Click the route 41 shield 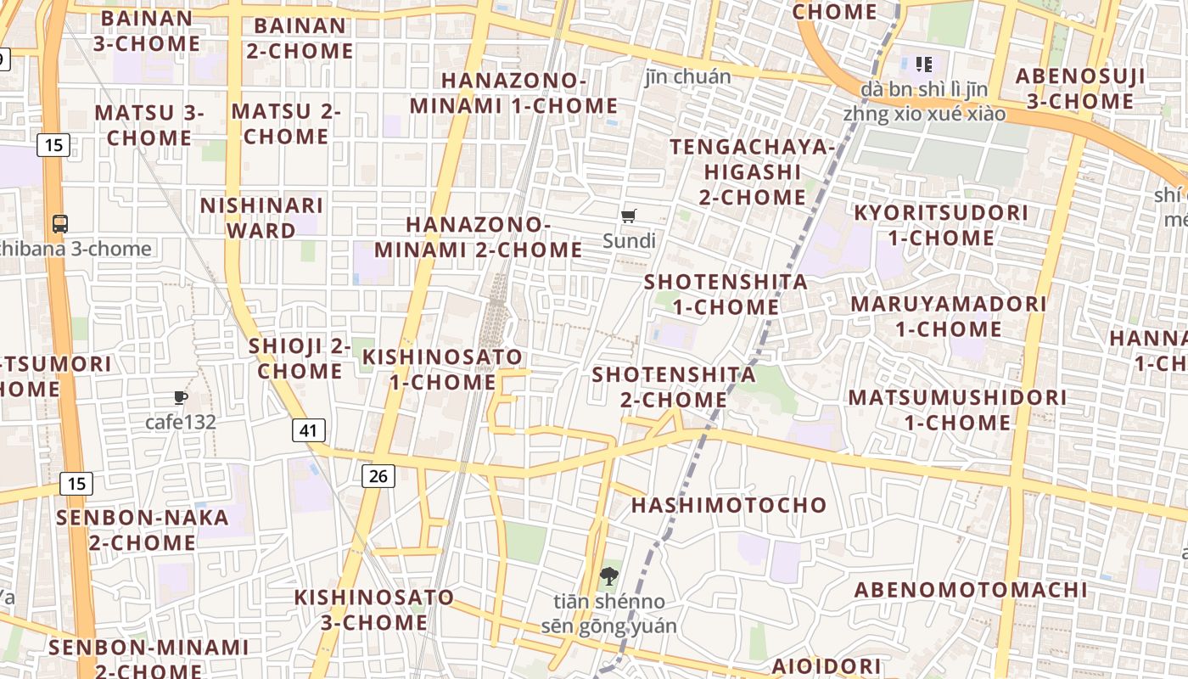(x=308, y=430)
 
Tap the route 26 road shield (x=378, y=476)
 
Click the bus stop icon (x=60, y=224)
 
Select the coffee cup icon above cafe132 (x=180, y=397)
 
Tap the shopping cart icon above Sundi (x=629, y=216)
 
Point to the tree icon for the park (x=608, y=577)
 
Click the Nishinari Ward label (x=261, y=217)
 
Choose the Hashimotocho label (x=729, y=505)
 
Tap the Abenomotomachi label (x=970, y=590)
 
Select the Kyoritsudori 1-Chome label (x=941, y=225)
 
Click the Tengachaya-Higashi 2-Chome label (x=753, y=171)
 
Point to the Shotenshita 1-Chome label (x=726, y=294)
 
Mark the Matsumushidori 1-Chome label (x=957, y=409)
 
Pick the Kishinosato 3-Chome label (x=373, y=609)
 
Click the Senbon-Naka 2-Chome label (x=143, y=530)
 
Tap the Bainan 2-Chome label (x=300, y=38)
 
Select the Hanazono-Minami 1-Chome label (x=513, y=93)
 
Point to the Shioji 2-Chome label (x=300, y=358)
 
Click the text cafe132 (x=181, y=422)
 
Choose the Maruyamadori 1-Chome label (x=949, y=316)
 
